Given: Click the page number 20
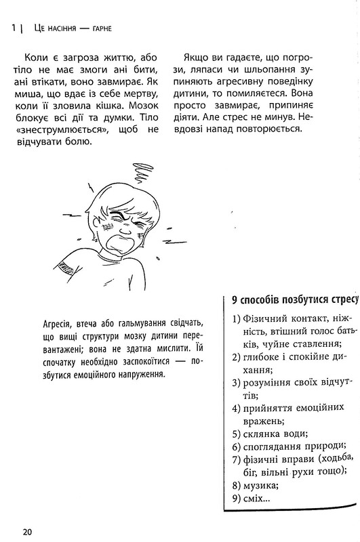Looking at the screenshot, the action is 27,530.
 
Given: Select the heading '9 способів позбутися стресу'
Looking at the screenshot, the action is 292,299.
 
